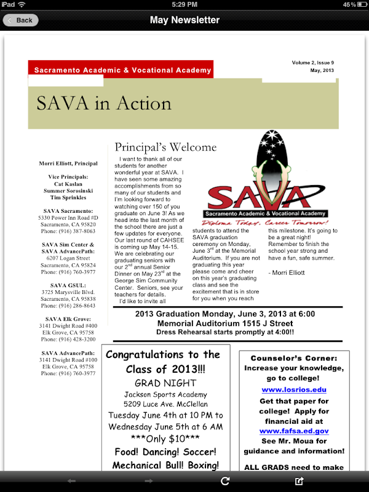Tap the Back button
point(21,20)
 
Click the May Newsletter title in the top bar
point(184,20)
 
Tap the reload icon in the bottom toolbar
point(225,481)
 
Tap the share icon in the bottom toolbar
point(300,481)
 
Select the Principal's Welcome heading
point(165,147)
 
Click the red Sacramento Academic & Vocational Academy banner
point(122,70)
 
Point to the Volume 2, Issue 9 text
point(313,63)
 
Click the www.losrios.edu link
point(294,389)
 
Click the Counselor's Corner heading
point(294,358)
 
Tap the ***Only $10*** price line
point(164,438)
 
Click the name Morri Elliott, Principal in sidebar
point(68,164)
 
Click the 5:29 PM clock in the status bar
point(184,4)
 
